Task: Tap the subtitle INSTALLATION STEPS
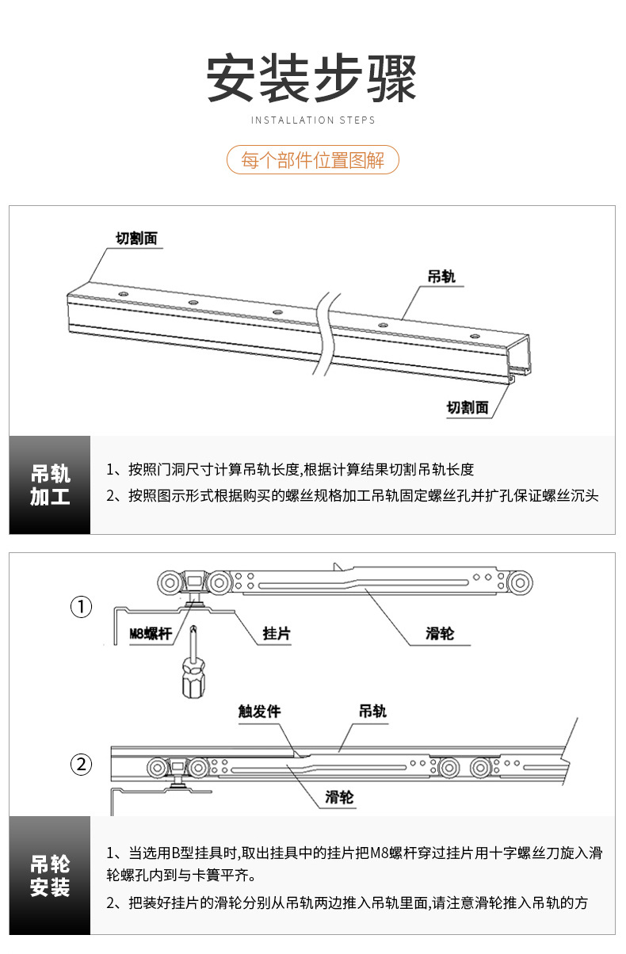coord(313,120)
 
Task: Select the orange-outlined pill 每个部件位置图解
coord(313,160)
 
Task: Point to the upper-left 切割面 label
coord(136,238)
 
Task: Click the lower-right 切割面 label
coord(467,407)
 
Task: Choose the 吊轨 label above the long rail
coord(441,277)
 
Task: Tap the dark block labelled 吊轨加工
coord(50,485)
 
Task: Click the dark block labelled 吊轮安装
coord(50,876)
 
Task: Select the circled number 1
coord(82,608)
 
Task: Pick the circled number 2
coord(82,765)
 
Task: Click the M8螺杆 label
coord(150,634)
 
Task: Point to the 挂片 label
coord(277,633)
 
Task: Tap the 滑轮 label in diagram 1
coord(440,633)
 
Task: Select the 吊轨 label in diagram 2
coord(372,712)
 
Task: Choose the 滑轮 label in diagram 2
coord(339,797)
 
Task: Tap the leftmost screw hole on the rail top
coord(123,294)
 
